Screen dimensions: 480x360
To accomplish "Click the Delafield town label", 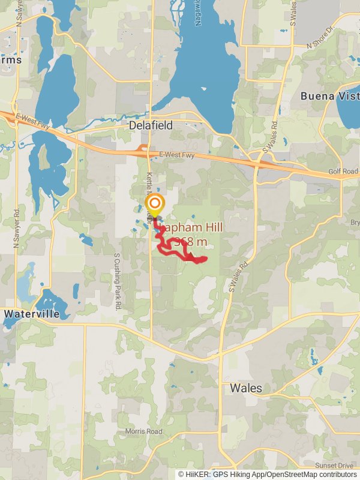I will pyautogui.click(x=151, y=125).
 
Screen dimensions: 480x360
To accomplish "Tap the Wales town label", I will pyautogui.click(x=246, y=388).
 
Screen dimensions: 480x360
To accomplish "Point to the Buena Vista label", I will pyautogui.click(x=330, y=96).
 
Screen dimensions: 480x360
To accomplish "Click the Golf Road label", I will pyautogui.click(x=343, y=172).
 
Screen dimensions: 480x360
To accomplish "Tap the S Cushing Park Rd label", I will pyautogui.click(x=118, y=281).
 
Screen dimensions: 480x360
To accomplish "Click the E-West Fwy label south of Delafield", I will pyautogui.click(x=178, y=154).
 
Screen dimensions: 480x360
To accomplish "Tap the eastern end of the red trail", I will pyautogui.click(x=205, y=259).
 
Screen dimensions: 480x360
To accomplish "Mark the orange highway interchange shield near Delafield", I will pyautogui.click(x=143, y=146).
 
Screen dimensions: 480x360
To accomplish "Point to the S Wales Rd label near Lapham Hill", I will pyautogui.click(x=238, y=277).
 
